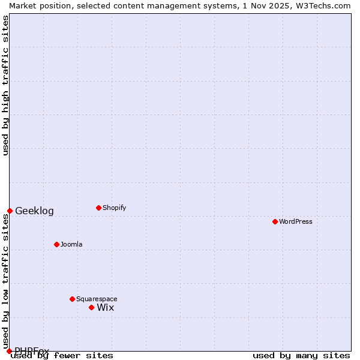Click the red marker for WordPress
pyautogui.click(x=275, y=221)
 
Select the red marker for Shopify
pyautogui.click(x=98, y=208)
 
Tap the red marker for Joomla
pyautogui.click(x=56, y=244)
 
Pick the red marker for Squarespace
pyautogui.click(x=72, y=299)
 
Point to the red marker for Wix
pyautogui.click(x=91, y=307)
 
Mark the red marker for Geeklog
pyautogui.click(x=10, y=211)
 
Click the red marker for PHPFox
pyautogui.click(x=9, y=351)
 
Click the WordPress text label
pyautogui.click(x=296, y=221)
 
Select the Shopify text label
pyautogui.click(x=115, y=208)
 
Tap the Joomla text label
pyautogui.click(x=71, y=244)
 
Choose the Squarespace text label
pyautogui.click(x=97, y=299)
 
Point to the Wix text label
pyautogui.click(x=106, y=307)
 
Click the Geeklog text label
pyautogui.click(x=34, y=211)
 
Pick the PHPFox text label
pyautogui.click(x=32, y=351)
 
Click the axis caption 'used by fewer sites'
pyautogui.click(x=62, y=355)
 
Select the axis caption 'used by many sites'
pyautogui.click(x=301, y=355)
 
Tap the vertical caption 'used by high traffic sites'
pyautogui.click(x=5, y=85)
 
